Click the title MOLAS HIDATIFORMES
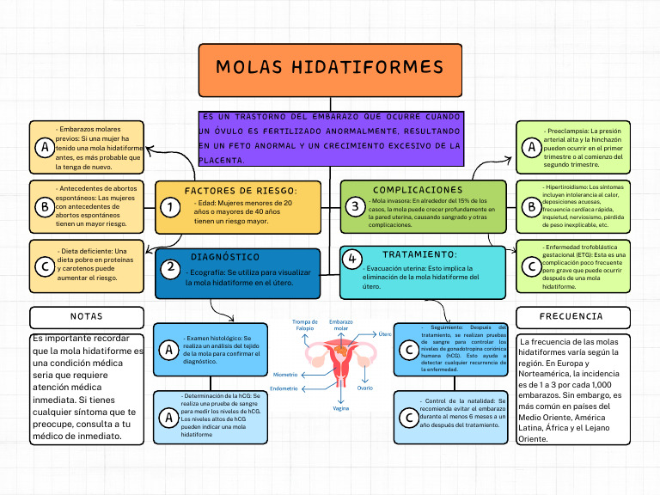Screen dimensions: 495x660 [x=330, y=67]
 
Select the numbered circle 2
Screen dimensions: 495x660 [x=171, y=267]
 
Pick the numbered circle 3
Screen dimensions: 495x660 [x=354, y=206]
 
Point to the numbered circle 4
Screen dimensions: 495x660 [x=351, y=259]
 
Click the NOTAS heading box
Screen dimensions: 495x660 [x=87, y=316]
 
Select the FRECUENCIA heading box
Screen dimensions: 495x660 [x=571, y=316]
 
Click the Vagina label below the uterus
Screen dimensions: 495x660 [x=341, y=408]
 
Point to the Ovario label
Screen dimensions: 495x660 [x=364, y=388]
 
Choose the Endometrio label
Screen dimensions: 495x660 [x=284, y=388]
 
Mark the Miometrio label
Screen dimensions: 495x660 [x=284, y=375]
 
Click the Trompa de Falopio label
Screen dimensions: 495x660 [x=305, y=325]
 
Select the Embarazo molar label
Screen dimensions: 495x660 [x=341, y=325]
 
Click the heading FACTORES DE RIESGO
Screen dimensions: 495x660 [x=241, y=190]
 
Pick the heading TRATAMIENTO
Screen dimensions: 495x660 [x=419, y=254]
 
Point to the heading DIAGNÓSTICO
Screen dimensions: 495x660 [x=225, y=257]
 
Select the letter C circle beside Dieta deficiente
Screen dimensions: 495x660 [x=45, y=267]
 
